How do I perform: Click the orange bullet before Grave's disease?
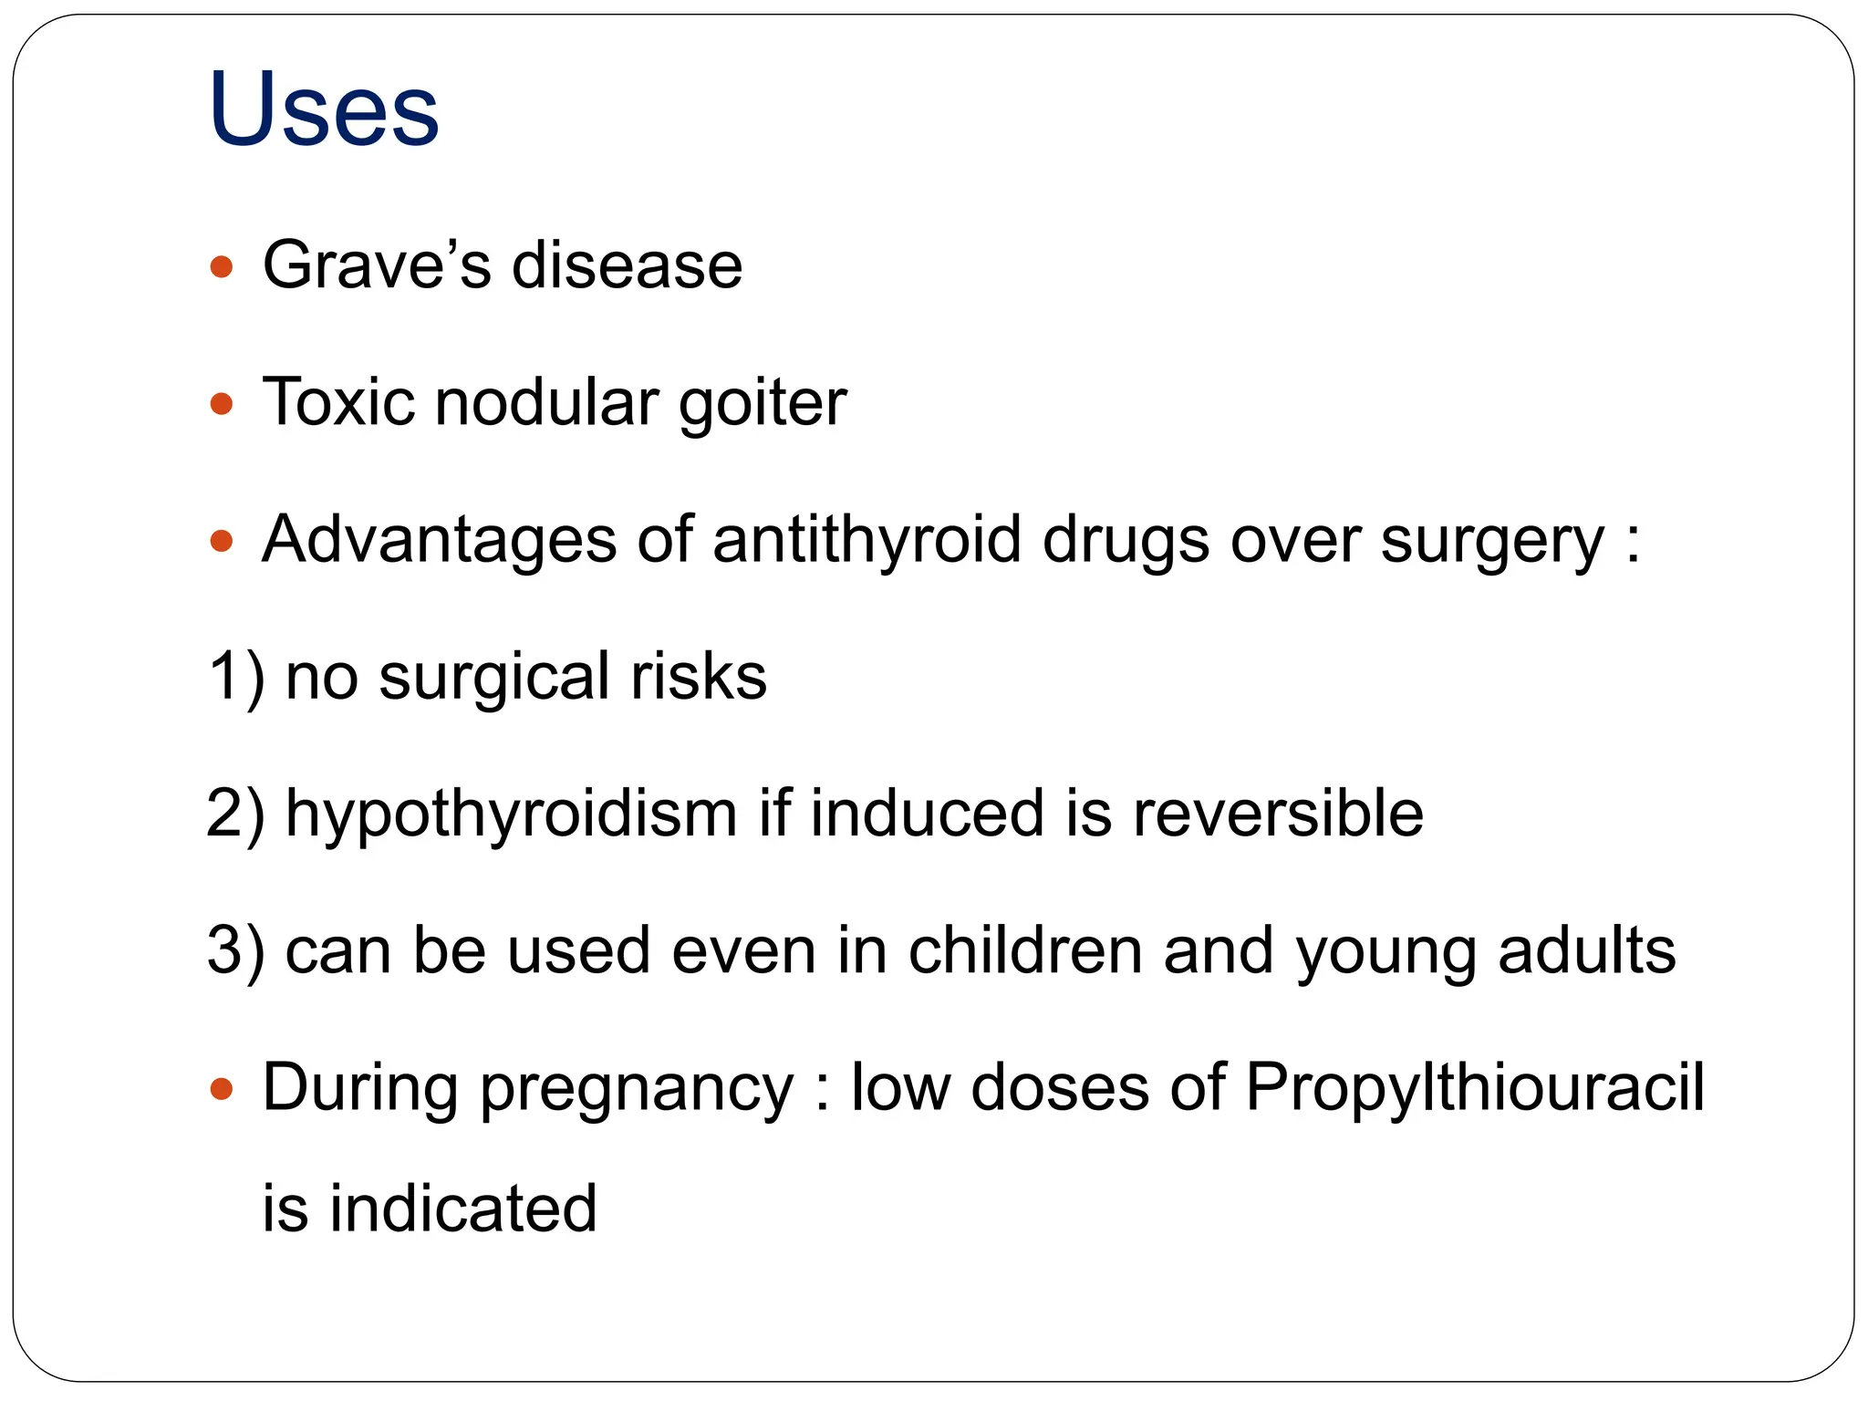(222, 267)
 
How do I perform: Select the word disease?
(627, 265)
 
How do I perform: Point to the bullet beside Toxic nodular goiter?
(222, 403)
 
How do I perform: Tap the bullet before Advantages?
(222, 542)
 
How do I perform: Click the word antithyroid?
(866, 540)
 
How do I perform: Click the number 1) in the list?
(236, 677)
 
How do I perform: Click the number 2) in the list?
(236, 814)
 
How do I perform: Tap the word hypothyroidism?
(511, 814)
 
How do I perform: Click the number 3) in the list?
(236, 950)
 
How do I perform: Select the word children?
(1025, 950)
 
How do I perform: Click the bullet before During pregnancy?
(222, 1089)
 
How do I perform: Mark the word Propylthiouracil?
(1475, 1089)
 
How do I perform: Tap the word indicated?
(462, 1208)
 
